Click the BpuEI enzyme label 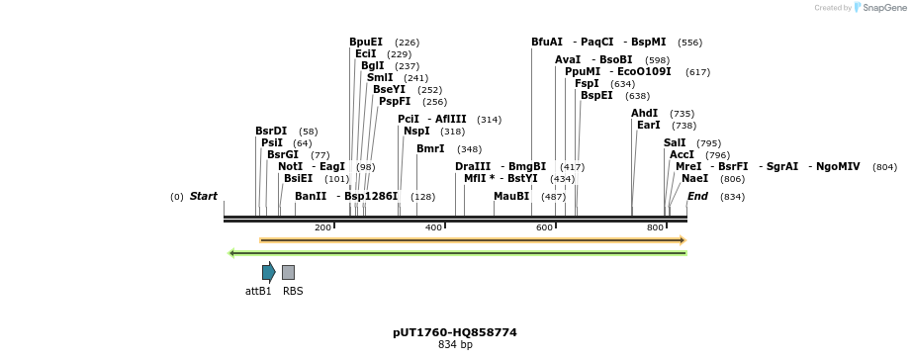366,43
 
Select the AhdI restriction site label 644,114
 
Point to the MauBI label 511,197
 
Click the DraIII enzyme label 473,166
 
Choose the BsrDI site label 271,131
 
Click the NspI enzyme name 416,131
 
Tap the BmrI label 430,149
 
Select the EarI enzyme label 648,126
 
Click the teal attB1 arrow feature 268,272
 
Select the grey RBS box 288,272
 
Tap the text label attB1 258,292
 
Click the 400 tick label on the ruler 433,228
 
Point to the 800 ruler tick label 655,228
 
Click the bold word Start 204,197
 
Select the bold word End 697,197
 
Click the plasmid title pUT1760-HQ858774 455,332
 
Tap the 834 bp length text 455,345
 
